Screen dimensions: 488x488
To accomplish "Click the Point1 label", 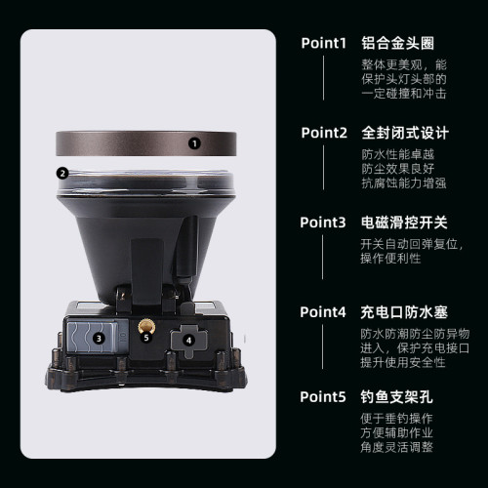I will point(323,43).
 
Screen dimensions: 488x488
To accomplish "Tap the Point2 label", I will point(323,132).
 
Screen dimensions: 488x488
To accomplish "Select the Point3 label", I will point(323,223).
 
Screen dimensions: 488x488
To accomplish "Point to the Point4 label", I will point(323,312).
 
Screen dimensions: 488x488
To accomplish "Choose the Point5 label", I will point(323,397).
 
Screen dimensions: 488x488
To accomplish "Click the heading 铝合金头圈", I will point(398,43).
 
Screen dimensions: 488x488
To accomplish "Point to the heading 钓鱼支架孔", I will point(398,397).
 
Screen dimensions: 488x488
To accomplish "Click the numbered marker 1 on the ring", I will point(194,142).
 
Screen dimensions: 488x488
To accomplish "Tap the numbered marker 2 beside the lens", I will point(62,174).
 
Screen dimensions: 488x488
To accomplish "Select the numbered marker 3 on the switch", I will point(100,339).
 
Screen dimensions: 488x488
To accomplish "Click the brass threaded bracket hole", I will point(148,322).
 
